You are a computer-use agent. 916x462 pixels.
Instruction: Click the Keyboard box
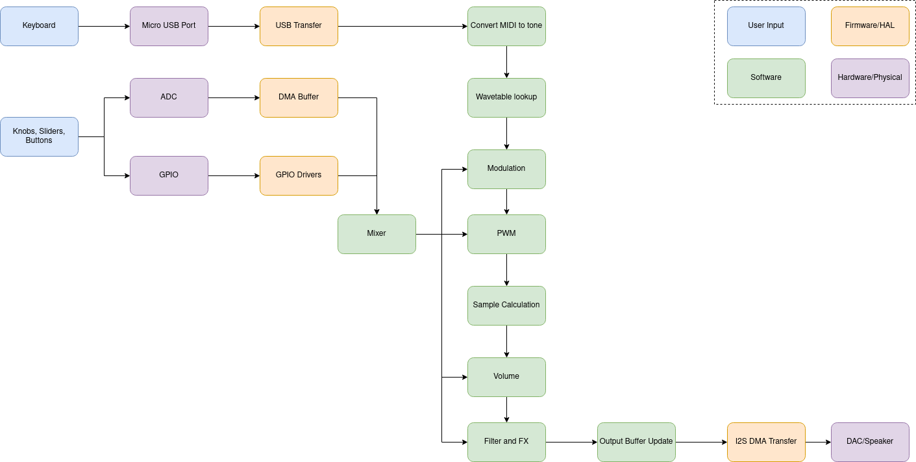[39, 26]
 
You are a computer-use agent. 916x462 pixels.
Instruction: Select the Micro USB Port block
[169, 26]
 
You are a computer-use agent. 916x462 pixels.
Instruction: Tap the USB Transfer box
[299, 26]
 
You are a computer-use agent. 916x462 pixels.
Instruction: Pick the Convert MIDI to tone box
[506, 26]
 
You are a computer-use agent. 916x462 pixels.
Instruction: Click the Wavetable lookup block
[506, 97]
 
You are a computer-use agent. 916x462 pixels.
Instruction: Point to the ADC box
[169, 97]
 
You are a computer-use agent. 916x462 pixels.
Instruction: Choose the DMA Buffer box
[299, 97]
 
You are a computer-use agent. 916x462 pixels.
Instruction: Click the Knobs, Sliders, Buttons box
[39, 136]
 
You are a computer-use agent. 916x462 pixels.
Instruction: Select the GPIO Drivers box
[299, 175]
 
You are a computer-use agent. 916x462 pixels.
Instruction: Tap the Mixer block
[377, 234]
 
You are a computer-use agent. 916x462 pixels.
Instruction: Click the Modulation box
[506, 169]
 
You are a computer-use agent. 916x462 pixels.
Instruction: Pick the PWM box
[506, 234]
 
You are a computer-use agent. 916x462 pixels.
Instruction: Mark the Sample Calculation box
[506, 305]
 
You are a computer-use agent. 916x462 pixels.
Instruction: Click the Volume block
[506, 377]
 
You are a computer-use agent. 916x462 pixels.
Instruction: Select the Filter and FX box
[506, 442]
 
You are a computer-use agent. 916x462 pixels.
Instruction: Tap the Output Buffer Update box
[636, 442]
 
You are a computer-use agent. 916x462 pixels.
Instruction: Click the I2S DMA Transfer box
[766, 442]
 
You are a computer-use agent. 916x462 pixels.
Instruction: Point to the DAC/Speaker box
[870, 442]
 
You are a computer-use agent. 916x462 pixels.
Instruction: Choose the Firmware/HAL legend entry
[870, 26]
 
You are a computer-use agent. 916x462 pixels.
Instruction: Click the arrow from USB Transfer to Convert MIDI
[402, 26]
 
